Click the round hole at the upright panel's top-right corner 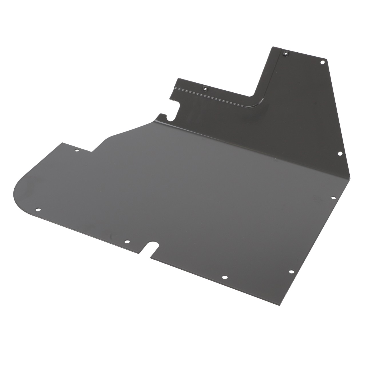pos(322,62)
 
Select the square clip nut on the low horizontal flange pos(205,88)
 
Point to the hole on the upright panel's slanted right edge pos(340,154)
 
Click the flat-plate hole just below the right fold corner pos(333,198)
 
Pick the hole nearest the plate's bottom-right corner pos(291,272)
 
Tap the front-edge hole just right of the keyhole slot pos(225,277)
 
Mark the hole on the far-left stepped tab pos(77,150)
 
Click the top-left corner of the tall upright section pos(273,47)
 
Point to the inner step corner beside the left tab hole pos(91,151)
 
